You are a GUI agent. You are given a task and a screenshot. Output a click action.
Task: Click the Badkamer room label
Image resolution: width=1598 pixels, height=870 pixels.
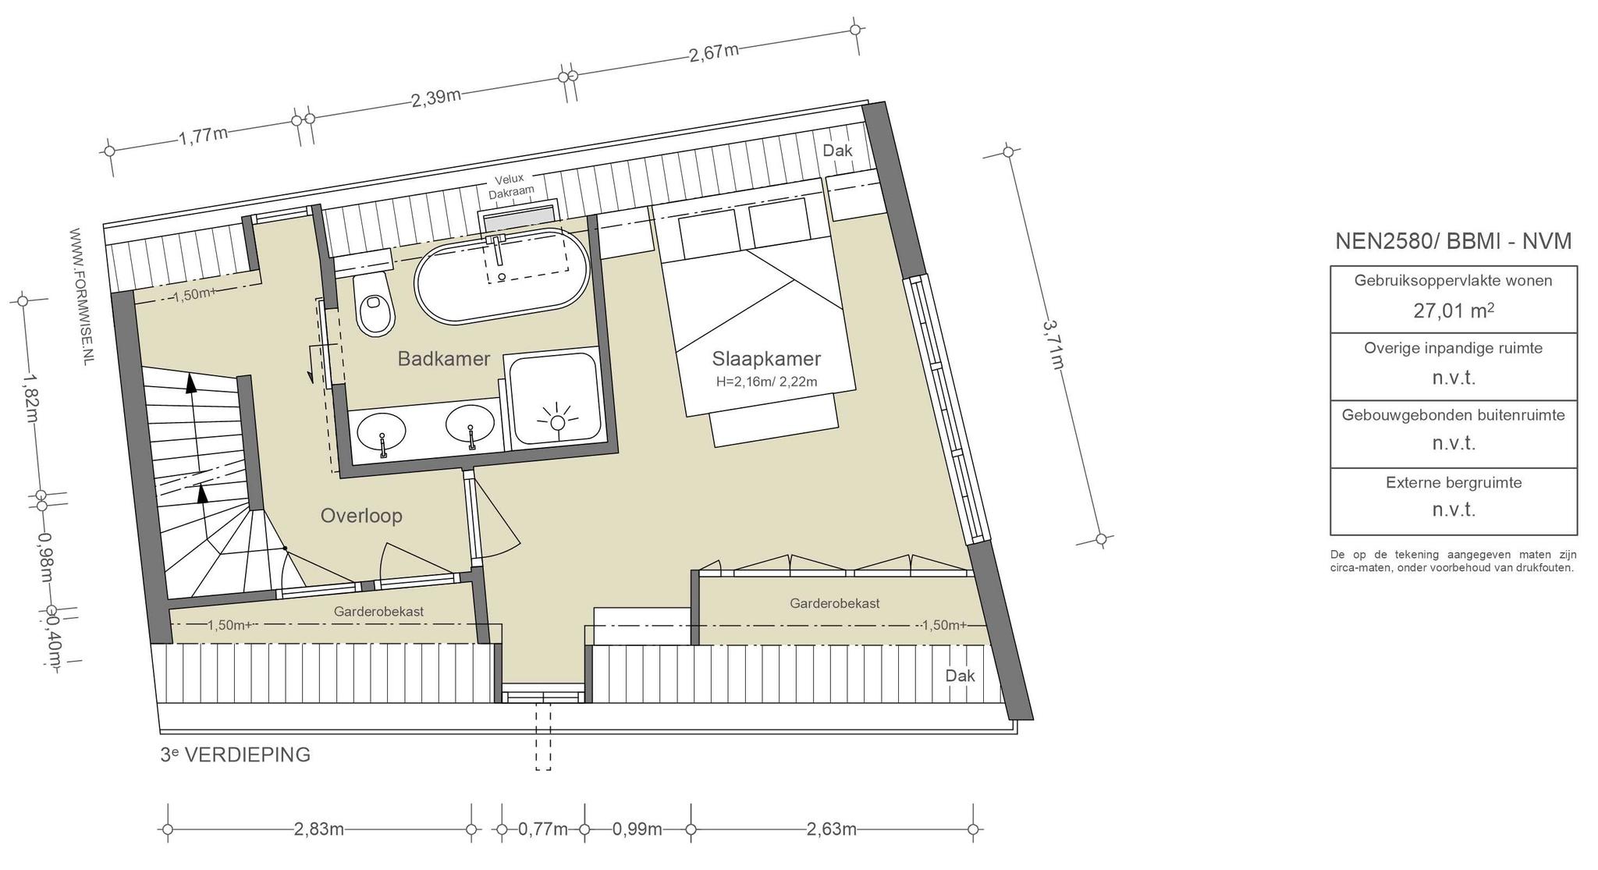click(x=444, y=359)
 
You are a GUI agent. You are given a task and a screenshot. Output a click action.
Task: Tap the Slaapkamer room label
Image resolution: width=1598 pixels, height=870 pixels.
click(x=766, y=359)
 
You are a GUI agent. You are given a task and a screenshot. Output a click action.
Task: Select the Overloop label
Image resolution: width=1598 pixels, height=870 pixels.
click(x=361, y=516)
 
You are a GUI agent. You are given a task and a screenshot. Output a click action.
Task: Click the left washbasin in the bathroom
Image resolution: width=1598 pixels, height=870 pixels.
click(x=382, y=431)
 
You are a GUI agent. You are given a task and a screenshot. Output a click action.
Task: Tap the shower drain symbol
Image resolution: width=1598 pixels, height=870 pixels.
click(x=557, y=422)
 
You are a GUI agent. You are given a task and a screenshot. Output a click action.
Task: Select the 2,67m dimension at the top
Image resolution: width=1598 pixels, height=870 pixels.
click(x=713, y=53)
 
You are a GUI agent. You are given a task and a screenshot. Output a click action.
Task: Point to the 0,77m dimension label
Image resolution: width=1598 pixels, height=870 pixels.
click(x=543, y=829)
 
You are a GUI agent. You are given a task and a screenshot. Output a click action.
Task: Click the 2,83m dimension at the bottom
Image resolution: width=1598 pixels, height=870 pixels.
click(x=319, y=829)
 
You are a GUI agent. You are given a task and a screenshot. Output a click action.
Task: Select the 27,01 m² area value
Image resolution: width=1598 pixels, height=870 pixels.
click(x=1454, y=311)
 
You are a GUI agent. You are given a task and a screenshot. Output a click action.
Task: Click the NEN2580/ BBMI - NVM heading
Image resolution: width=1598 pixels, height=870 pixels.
click(x=1454, y=241)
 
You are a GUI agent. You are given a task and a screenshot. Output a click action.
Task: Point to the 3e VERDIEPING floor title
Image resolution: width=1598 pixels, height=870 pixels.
click(x=235, y=755)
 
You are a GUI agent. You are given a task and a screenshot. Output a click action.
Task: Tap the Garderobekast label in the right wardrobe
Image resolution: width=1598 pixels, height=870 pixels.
click(x=835, y=604)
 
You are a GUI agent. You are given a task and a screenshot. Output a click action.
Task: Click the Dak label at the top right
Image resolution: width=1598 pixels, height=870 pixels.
click(x=838, y=151)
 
